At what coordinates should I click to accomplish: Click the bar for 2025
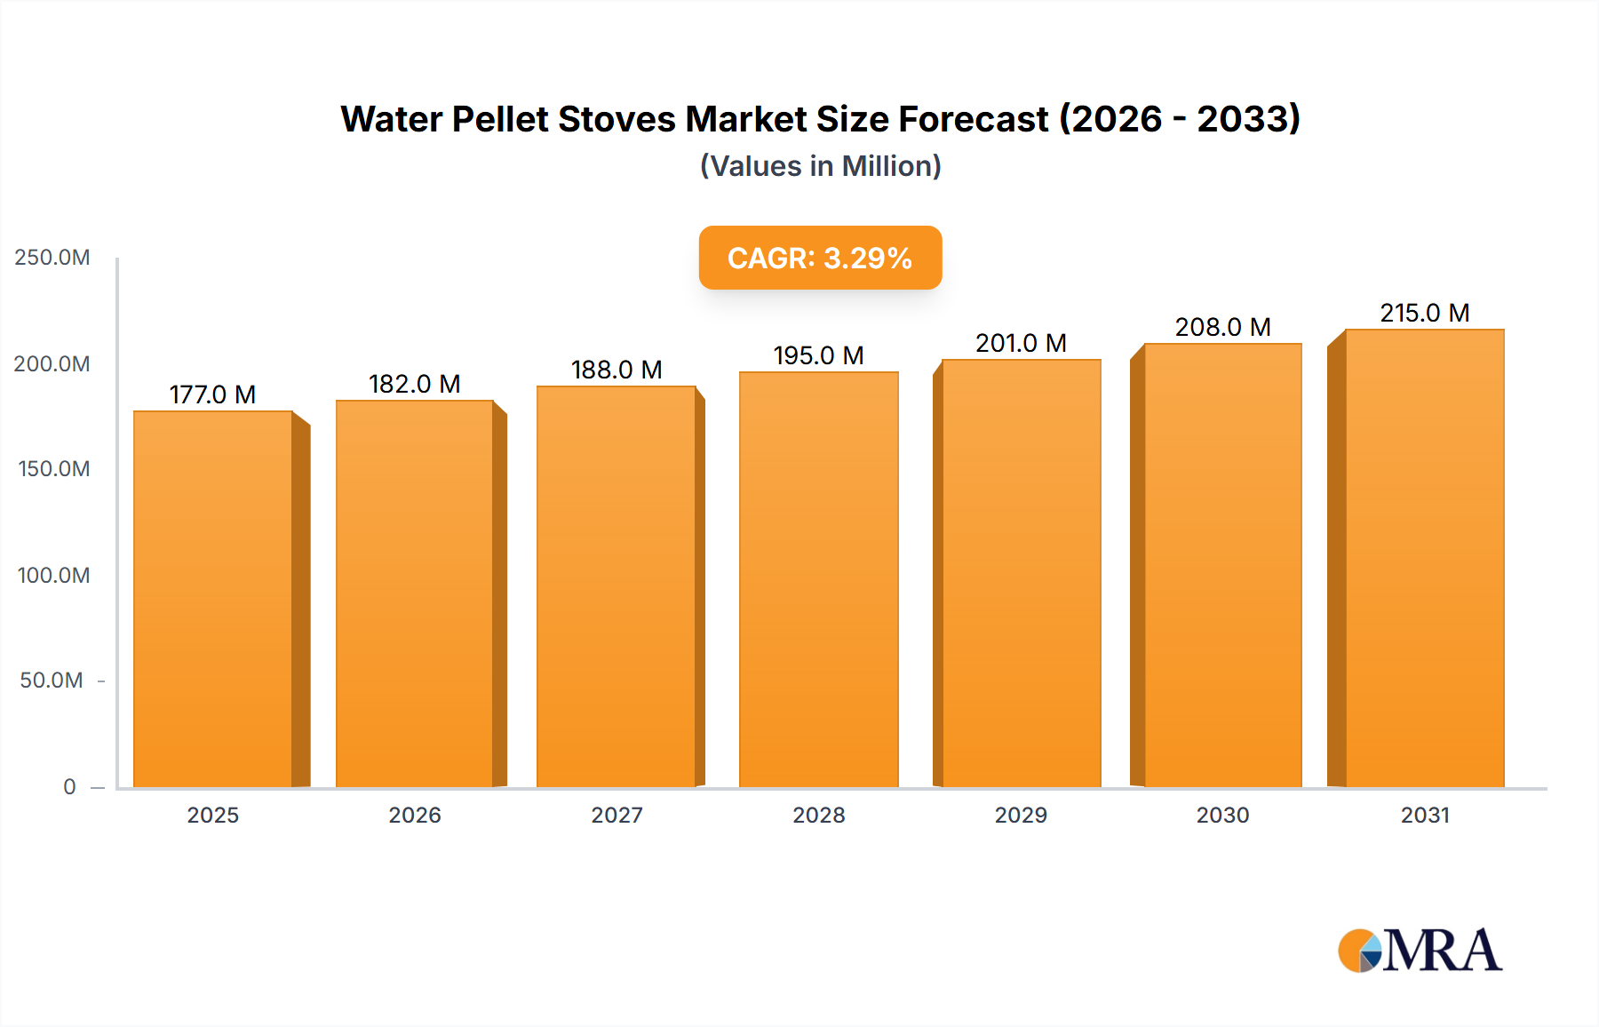pyautogui.click(x=213, y=599)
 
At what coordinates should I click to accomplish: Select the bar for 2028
pyautogui.click(x=818, y=579)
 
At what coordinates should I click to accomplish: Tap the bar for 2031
pyautogui.click(x=1424, y=558)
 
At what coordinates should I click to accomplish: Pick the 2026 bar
pyautogui.click(x=415, y=593)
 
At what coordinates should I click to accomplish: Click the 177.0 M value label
pyautogui.click(x=212, y=394)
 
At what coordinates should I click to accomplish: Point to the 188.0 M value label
pyautogui.click(x=617, y=370)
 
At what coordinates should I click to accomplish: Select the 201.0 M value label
pyautogui.click(x=1021, y=343)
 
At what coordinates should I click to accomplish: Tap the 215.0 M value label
pyautogui.click(x=1424, y=313)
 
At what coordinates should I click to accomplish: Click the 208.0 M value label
pyautogui.click(x=1222, y=327)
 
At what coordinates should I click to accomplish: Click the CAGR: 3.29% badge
pyautogui.click(x=820, y=258)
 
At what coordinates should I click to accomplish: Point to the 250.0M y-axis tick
pyautogui.click(x=52, y=258)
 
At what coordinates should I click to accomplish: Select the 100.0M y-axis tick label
pyautogui.click(x=53, y=575)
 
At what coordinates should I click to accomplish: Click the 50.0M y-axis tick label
pyautogui.click(x=52, y=681)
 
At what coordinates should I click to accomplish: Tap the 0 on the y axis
pyautogui.click(x=69, y=786)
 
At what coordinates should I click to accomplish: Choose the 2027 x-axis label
pyautogui.click(x=617, y=815)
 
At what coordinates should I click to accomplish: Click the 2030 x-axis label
pyautogui.click(x=1222, y=815)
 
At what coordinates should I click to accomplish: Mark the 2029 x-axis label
pyautogui.click(x=1021, y=815)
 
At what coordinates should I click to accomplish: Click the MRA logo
pyautogui.click(x=1420, y=951)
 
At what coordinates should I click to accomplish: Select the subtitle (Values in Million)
pyautogui.click(x=820, y=166)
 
